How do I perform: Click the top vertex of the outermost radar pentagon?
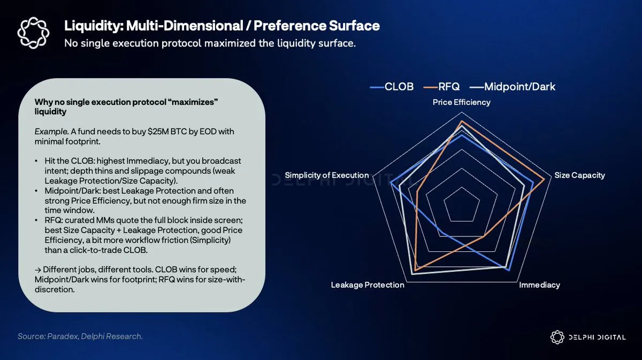pyautogui.click(x=462, y=112)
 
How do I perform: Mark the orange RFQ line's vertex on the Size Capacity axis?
pyautogui.click(x=544, y=179)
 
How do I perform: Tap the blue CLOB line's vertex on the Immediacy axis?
pyautogui.click(x=509, y=270)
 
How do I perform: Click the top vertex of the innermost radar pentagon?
pyautogui.click(x=462, y=187)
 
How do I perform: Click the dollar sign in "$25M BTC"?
pyautogui.click(x=150, y=132)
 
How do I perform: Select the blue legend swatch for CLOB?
pyautogui.click(x=377, y=87)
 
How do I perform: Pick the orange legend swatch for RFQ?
pyautogui.click(x=431, y=87)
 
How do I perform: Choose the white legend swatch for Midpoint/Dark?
pyautogui.click(x=477, y=87)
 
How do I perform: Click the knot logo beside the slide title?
pyautogui.click(x=33, y=33)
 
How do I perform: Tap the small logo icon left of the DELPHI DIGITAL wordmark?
pyautogui.click(x=557, y=337)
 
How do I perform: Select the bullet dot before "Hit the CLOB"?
pyautogui.click(x=36, y=161)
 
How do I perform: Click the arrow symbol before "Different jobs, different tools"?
pyautogui.click(x=38, y=270)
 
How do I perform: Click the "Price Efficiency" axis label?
pyautogui.click(x=461, y=102)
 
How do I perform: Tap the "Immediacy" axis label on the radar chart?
pyautogui.click(x=539, y=285)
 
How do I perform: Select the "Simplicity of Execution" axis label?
pyautogui.click(x=327, y=175)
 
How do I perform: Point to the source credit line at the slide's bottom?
pyautogui.click(x=80, y=336)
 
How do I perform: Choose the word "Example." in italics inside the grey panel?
pyautogui.click(x=51, y=132)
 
